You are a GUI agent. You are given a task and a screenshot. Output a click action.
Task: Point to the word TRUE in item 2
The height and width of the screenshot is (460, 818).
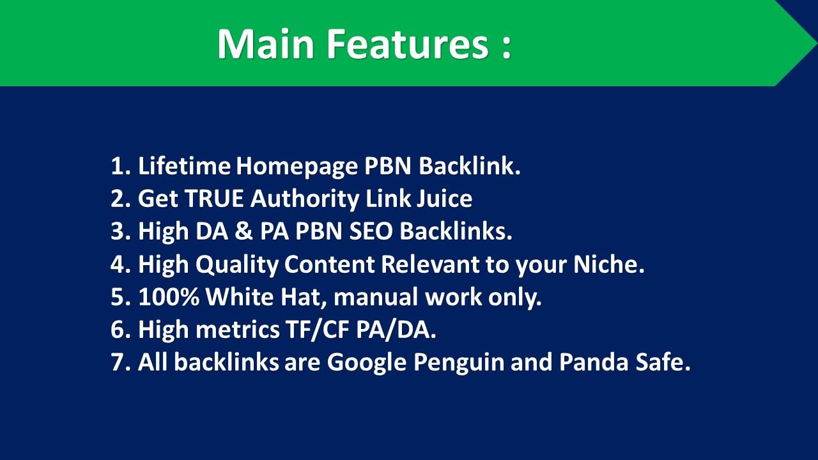coord(214,199)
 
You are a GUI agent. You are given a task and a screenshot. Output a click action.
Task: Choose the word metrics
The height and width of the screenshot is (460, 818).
coord(240,330)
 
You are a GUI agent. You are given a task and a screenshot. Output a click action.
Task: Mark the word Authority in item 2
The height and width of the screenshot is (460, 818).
coord(305,199)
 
